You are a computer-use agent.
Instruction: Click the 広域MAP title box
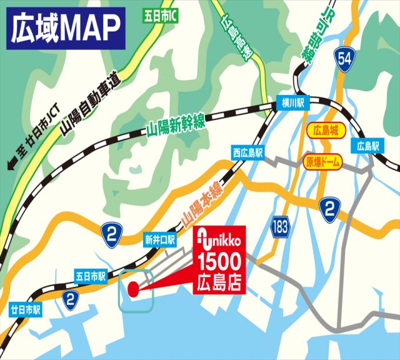66,27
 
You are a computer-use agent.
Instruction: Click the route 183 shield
281,226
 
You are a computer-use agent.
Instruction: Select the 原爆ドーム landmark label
324,162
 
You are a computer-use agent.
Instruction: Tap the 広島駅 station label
369,147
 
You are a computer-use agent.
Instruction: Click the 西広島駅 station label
248,152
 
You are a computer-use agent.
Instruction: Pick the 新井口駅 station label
161,239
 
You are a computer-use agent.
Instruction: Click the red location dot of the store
132,289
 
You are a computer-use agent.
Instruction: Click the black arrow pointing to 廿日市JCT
11,165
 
